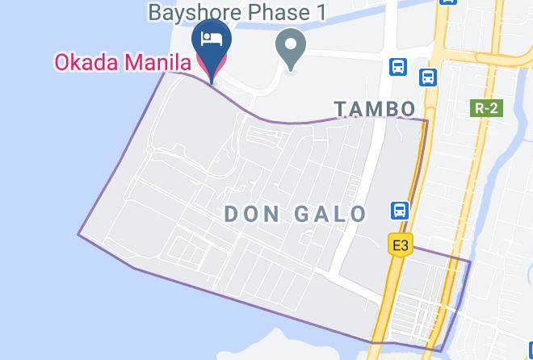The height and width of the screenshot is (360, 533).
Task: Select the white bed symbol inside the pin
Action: [212, 40]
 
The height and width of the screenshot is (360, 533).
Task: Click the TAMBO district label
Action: [375, 109]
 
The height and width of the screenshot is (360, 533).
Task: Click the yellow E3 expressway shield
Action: [399, 245]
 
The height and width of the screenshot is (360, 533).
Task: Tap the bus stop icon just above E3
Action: [399, 211]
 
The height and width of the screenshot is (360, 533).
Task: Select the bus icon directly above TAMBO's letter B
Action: [397, 66]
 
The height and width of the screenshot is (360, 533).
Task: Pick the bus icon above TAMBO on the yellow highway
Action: [427, 77]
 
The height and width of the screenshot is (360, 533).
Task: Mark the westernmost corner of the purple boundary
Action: [78, 235]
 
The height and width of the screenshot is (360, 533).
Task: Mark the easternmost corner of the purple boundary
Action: [470, 260]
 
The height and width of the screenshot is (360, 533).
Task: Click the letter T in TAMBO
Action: [340, 109]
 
